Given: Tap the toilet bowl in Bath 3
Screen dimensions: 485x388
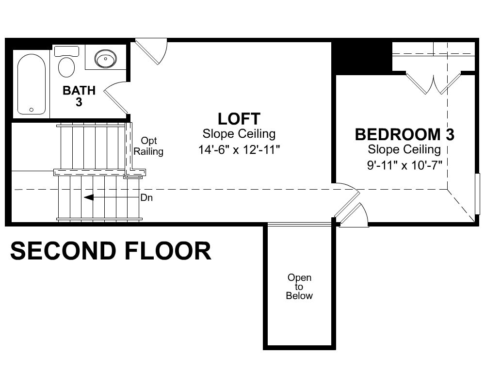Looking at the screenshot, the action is point(66,67).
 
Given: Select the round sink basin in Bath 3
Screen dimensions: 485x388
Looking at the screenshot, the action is point(105,59).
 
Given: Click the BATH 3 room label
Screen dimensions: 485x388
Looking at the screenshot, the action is point(79,96).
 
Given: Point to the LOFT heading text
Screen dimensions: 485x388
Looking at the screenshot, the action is point(239,118).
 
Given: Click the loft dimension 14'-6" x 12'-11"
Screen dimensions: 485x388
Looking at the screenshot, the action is point(239,150).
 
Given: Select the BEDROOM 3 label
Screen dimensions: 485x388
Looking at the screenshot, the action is point(404,134).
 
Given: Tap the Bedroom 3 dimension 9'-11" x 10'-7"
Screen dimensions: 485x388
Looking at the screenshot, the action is point(404,165).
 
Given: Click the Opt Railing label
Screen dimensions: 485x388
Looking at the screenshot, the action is point(148,146).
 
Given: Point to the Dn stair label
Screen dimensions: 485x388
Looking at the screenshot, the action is point(146,198).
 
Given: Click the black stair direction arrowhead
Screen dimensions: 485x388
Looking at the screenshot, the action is point(89,197).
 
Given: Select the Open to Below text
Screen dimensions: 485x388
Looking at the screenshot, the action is point(299,287).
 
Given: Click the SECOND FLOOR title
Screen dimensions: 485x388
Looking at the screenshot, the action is point(111,251).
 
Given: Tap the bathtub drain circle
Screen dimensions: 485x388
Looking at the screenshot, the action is point(31,110).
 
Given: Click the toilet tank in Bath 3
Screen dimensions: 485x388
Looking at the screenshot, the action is point(66,51).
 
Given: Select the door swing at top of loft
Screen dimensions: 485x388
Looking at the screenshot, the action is point(151,52).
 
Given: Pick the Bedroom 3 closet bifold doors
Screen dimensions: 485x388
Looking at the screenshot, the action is point(433,83).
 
